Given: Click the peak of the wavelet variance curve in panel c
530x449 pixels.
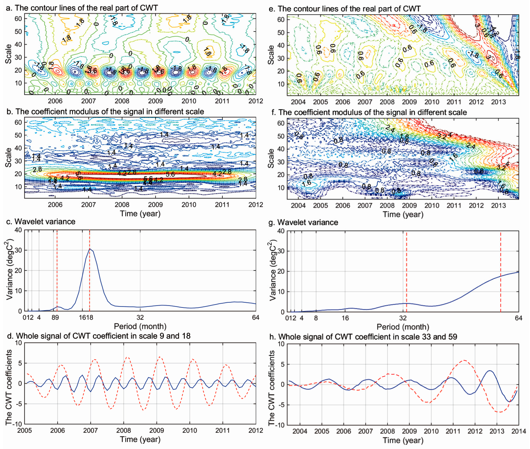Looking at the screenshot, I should pyautogui.click(x=89, y=249).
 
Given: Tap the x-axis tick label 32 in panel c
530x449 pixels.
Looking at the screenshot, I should pyautogui.click(x=140, y=317).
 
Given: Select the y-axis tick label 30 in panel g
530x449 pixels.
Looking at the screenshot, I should pyautogui.click(x=281, y=251).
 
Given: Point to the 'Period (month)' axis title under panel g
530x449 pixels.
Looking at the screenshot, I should pyautogui.click(x=403, y=327).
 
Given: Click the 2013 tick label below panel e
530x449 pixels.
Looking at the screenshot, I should pyautogui.click(x=498, y=102).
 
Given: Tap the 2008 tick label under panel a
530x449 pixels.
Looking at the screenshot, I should pyautogui.click(x=122, y=101).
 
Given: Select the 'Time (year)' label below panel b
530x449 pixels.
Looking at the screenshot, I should pyautogui.click(x=140, y=214).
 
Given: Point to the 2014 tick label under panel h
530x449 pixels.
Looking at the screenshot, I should pyautogui.click(x=518, y=431).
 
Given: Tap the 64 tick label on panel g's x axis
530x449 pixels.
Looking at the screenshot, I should pyautogui.click(x=518, y=318).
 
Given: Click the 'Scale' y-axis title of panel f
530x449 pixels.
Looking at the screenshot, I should pyautogui.click(x=271, y=158).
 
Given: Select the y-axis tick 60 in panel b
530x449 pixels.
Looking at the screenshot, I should pyautogui.click(x=18, y=122).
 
